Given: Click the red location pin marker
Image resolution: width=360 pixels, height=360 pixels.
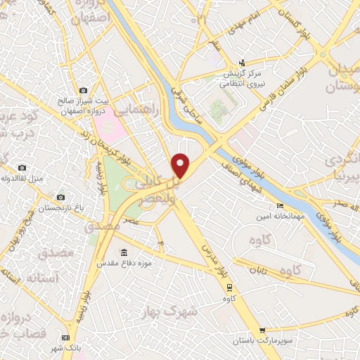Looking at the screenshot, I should click(181, 165).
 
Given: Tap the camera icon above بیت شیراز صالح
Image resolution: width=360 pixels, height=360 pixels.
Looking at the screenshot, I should click(84, 90).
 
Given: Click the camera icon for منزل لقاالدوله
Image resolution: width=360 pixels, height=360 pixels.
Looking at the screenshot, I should click(22, 167).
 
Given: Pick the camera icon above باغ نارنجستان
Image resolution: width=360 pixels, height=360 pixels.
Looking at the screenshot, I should click(60, 197).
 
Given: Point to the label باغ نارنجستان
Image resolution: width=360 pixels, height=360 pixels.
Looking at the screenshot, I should click(59, 208).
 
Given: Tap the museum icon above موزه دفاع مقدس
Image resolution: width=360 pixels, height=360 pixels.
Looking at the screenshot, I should click(124, 252).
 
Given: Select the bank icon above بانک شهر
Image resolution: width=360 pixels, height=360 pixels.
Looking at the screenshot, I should click(66, 337).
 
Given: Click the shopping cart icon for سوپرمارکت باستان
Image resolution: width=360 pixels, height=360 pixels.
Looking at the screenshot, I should click(262, 330).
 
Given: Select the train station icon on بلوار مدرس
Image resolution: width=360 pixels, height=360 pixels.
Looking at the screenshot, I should click(229, 286).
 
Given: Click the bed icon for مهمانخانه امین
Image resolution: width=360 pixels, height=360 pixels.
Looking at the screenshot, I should click(281, 205).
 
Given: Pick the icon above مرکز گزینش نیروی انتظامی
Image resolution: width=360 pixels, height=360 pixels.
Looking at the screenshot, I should click(243, 63).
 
